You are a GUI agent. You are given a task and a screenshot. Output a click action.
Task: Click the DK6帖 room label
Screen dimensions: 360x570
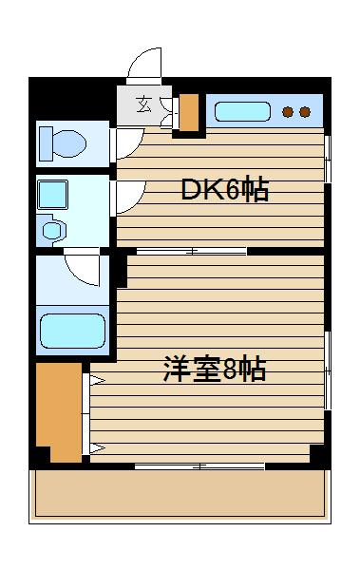tap(225, 189)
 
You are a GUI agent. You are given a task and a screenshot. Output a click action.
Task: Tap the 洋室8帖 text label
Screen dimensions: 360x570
tap(215, 370)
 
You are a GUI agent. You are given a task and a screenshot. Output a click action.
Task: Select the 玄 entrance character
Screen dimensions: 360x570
tap(143, 104)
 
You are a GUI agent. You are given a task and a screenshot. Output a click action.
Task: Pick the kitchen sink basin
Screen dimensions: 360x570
tap(242, 111)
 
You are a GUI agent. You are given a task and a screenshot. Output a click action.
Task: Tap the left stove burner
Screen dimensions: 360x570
tap(288, 112)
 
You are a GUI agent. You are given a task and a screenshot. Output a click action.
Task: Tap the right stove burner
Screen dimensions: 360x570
tap(305, 112)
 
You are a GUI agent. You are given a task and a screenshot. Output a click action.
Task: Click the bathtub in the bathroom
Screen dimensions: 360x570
tap(72, 331)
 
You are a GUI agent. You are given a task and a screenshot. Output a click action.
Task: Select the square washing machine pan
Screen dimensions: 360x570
tap(53, 195)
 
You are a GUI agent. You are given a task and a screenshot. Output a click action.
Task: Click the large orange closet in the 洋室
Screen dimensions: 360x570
tap(59, 412)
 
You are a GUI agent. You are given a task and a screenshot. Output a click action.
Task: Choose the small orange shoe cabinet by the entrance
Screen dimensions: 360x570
tap(189, 112)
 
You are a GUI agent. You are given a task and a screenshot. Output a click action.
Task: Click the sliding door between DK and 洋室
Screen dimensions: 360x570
tap(192, 251)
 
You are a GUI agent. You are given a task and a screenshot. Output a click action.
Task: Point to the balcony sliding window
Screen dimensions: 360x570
tap(199, 466)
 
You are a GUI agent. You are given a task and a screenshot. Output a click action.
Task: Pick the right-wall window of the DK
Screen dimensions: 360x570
tap(328, 159)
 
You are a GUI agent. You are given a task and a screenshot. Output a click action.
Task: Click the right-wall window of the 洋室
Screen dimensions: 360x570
tap(328, 370)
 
